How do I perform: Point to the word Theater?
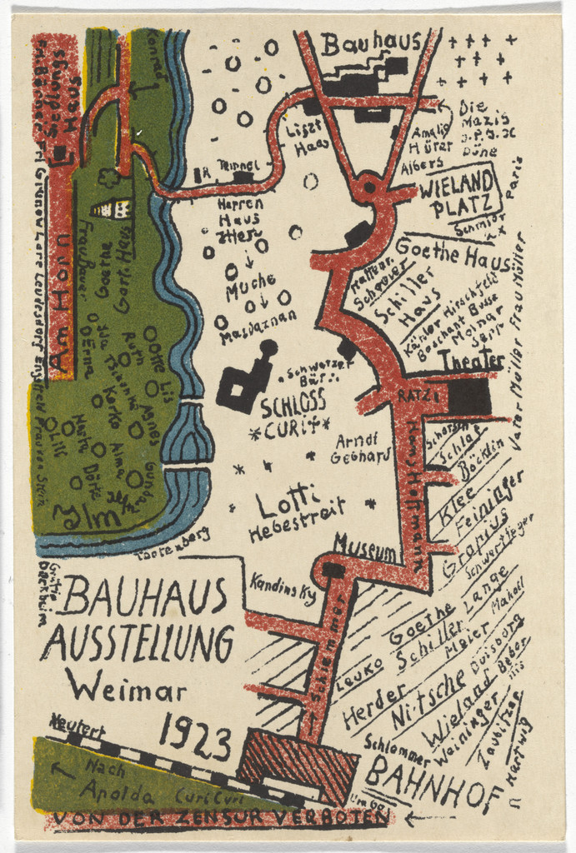pyautogui.click(x=471, y=360)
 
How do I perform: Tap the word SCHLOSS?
pyautogui.click(x=293, y=406)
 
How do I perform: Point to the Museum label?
pyautogui.click(x=365, y=547)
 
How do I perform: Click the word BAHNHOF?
pyautogui.click(x=433, y=785)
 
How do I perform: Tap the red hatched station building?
pyautogui.click(x=299, y=765)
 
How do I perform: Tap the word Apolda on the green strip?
pyautogui.click(x=118, y=790)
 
